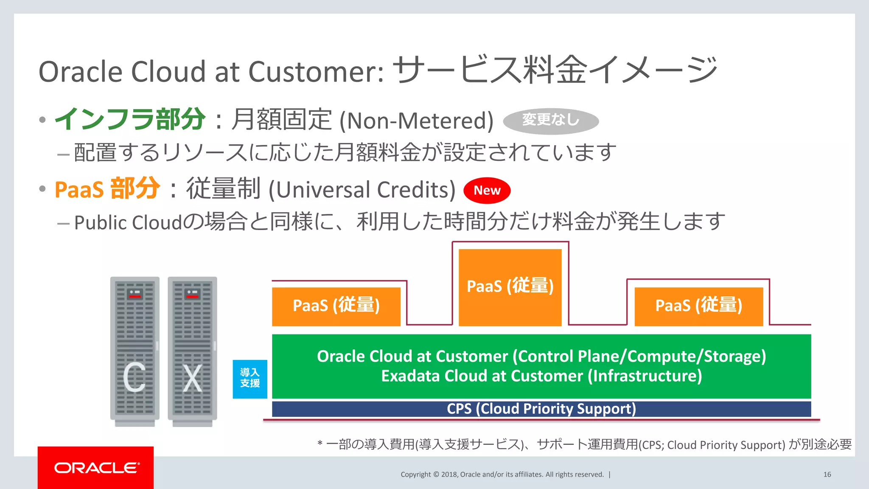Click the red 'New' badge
(x=487, y=191)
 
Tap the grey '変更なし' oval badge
(x=551, y=121)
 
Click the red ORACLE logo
(x=96, y=467)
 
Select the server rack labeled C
(x=135, y=351)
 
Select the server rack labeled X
(x=192, y=351)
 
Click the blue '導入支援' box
(x=250, y=379)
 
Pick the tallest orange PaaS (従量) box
(x=510, y=287)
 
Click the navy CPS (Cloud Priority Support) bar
(x=541, y=409)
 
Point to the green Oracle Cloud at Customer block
(x=541, y=366)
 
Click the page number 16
(x=827, y=475)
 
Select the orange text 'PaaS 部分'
(x=107, y=189)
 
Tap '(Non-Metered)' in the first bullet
(x=416, y=121)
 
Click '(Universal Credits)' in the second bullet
(x=362, y=190)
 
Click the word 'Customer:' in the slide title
(x=316, y=71)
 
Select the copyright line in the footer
(x=502, y=475)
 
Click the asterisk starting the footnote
(x=320, y=444)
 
